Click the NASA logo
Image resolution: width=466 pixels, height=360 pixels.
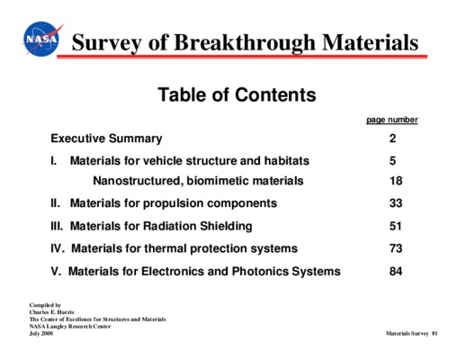[42, 39]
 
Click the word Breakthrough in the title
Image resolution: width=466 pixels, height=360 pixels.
[245, 43]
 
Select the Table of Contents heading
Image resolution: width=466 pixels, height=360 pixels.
[237, 94]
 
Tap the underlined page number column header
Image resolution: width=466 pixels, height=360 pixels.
[392, 120]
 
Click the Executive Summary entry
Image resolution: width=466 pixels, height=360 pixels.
[106, 139]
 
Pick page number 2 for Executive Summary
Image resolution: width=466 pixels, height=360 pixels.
[392, 139]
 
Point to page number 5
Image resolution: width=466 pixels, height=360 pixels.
[392, 161]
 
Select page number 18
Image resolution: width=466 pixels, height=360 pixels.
[396, 181]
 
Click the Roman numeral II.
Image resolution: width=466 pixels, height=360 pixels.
[56, 203]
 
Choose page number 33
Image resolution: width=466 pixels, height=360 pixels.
[396, 203]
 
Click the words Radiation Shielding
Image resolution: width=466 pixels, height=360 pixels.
[198, 226]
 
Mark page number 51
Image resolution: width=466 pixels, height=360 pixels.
[396, 226]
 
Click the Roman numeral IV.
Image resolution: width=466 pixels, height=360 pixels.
[58, 248]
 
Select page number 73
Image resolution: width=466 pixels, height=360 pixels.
[396, 248]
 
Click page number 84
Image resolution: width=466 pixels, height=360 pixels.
[396, 271]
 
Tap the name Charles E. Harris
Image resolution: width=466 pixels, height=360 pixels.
[51, 312]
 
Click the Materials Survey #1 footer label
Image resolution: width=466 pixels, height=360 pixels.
[412, 333]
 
